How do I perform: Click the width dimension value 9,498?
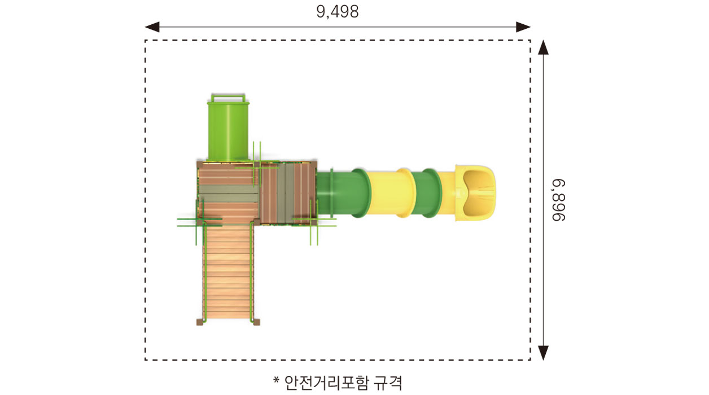click(338, 12)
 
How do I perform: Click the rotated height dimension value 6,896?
click(558, 200)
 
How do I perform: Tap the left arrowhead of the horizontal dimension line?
click(152, 27)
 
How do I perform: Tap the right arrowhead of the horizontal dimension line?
click(523, 27)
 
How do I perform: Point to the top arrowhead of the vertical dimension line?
click(543, 47)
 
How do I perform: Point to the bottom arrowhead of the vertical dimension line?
click(543, 353)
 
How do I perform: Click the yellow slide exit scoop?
click(475, 192)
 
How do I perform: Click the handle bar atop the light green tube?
click(228, 98)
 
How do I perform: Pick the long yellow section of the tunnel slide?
click(391, 193)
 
